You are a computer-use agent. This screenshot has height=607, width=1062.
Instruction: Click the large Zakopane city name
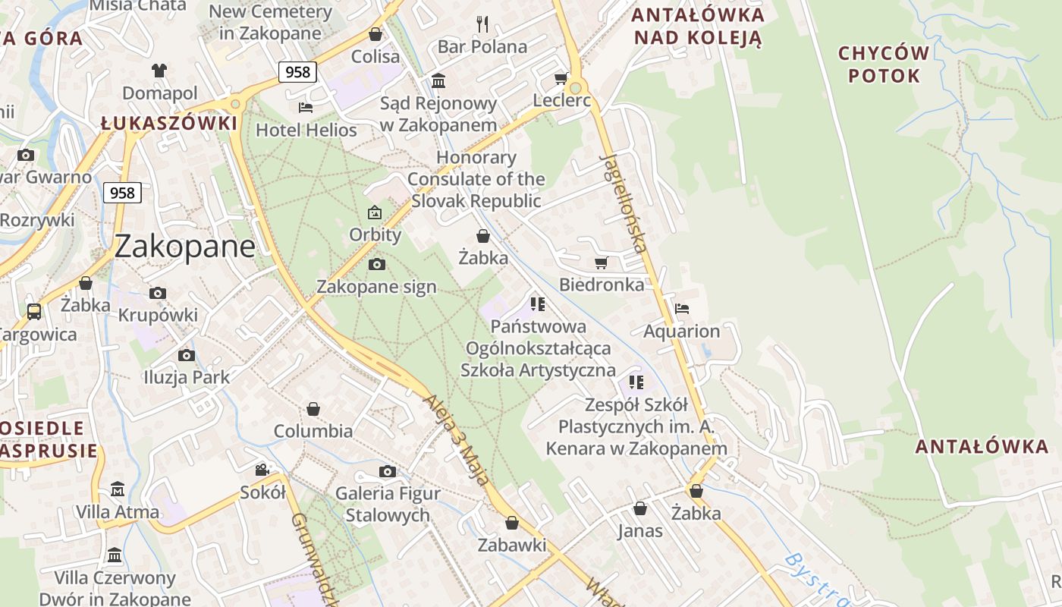click(185, 247)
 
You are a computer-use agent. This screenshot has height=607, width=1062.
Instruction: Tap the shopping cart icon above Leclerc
click(561, 78)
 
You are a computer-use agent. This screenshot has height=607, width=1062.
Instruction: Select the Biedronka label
click(602, 285)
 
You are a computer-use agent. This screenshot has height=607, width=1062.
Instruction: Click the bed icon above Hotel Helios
click(306, 107)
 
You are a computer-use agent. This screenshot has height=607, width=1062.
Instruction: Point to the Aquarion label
click(681, 332)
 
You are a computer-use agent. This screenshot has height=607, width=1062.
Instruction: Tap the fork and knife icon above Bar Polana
click(482, 24)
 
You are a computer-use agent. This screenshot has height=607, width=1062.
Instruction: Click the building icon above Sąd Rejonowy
click(438, 80)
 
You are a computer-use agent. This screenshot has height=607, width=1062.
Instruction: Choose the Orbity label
click(375, 234)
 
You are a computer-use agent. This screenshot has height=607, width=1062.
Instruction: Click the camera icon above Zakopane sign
click(376, 264)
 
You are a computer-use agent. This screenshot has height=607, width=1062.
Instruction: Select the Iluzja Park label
click(187, 377)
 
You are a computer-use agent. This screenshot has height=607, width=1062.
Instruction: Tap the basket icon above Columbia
click(313, 410)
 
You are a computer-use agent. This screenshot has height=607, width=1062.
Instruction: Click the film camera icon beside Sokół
click(262, 470)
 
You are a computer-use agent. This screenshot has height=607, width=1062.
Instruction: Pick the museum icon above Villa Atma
click(118, 489)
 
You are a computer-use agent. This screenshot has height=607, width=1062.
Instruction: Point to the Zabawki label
click(512, 545)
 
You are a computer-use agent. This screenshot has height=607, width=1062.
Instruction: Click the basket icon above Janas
click(640, 508)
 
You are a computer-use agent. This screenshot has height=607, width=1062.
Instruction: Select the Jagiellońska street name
click(624, 203)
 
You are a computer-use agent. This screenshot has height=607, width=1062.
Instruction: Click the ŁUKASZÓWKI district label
click(169, 123)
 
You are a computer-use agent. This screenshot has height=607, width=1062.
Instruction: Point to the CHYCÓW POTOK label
click(884, 64)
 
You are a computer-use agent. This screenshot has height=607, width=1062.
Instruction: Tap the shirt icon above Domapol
click(159, 71)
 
